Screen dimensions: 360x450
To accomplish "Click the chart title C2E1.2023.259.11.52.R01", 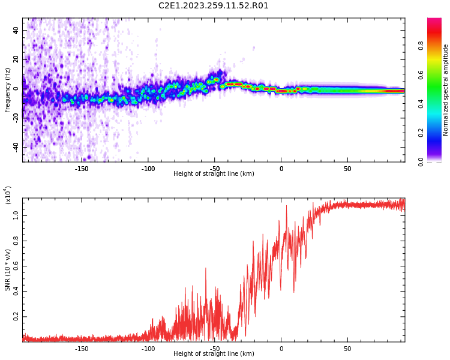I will (x=214, y=6).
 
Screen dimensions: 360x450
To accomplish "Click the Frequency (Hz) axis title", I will (x=8, y=90).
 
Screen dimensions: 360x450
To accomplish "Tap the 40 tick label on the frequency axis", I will (x=16, y=29).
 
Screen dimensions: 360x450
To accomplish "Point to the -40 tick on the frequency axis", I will (x=15, y=146).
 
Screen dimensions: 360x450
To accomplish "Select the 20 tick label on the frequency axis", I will (x=16, y=59).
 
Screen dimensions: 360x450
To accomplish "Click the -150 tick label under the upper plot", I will (x=82, y=169).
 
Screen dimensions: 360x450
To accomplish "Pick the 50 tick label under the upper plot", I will (x=347, y=169).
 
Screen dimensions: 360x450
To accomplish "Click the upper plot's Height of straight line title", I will (x=214, y=174).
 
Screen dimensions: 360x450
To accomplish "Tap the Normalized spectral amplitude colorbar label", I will (x=446, y=90).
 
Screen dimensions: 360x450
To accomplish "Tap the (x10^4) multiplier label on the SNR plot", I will (x=8, y=195).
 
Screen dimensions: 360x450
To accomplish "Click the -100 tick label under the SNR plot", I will (x=148, y=349).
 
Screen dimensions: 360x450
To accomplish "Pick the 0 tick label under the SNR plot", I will (x=281, y=349).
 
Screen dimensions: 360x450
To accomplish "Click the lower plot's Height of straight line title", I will (x=214, y=354).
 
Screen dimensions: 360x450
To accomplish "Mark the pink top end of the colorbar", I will (x=434, y=22).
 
